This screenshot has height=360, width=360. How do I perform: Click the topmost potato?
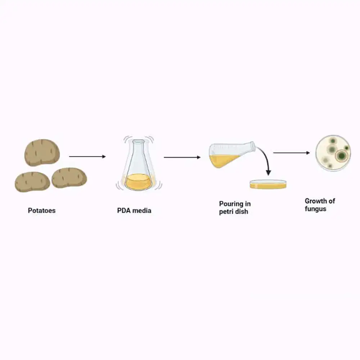tap(42, 152)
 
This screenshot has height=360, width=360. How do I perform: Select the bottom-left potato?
tap(32, 182)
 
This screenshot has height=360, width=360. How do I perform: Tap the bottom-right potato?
tap(69, 178)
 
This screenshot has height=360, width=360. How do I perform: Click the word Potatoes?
tap(41, 211)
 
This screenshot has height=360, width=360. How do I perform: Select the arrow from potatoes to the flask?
tap(87, 157)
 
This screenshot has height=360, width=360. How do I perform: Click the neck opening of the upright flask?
tap(139, 141)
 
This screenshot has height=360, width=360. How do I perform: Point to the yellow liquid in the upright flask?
tap(138, 181)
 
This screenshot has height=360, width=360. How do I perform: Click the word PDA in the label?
tap(124, 211)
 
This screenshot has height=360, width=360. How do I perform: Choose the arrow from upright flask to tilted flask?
tap(182, 157)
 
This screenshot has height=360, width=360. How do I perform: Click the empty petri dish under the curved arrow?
tap(268, 184)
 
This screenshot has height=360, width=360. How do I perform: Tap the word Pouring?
tap(231, 204)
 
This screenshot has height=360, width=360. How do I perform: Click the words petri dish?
tap(234, 212)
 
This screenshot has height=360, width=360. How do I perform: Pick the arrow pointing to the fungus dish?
tap(291, 153)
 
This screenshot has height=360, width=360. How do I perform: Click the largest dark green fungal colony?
tap(342, 156)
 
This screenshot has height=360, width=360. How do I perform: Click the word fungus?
tap(315, 209)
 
